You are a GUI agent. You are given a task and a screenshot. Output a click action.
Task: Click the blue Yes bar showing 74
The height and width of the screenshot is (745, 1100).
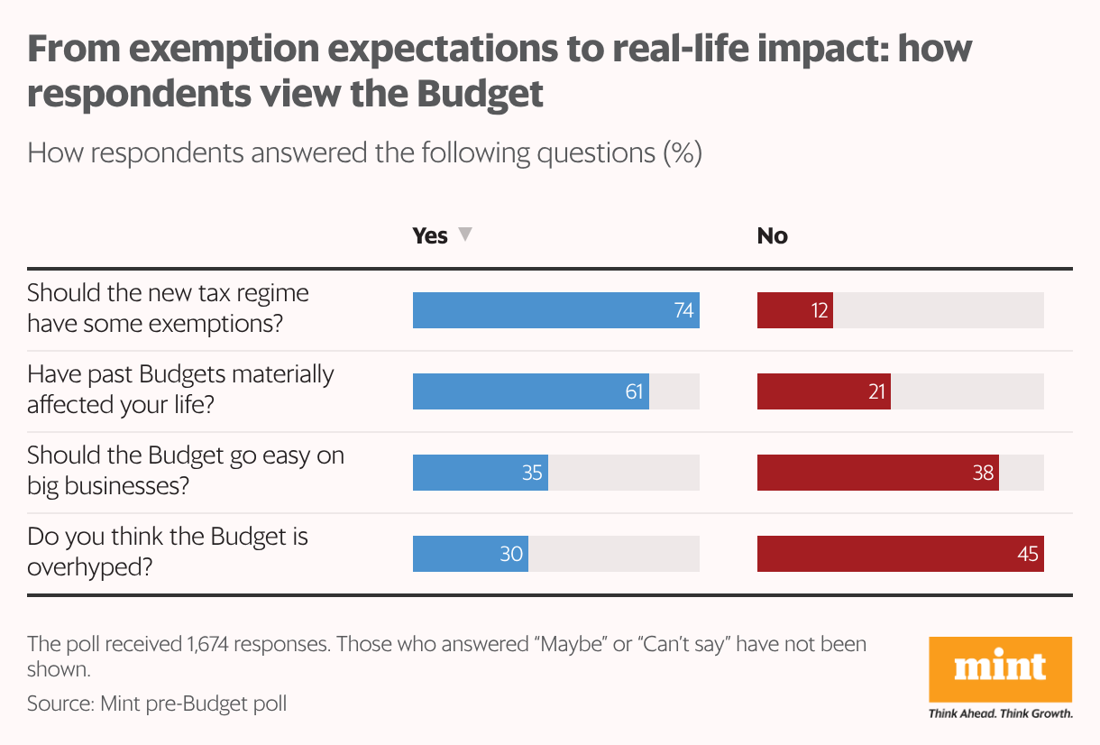tap(555, 310)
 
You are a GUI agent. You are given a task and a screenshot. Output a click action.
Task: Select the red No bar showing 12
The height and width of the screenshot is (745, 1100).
tap(794, 310)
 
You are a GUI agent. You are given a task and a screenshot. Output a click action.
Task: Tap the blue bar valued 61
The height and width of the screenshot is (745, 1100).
tap(530, 391)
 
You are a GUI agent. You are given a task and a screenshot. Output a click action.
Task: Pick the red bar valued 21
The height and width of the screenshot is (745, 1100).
tap(823, 391)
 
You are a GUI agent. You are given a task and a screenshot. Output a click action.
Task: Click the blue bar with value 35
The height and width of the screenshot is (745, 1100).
tap(480, 473)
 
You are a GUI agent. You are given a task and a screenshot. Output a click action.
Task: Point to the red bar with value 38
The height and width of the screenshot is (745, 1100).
tap(877, 473)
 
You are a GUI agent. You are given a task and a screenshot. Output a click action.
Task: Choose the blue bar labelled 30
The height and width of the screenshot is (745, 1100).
tap(470, 554)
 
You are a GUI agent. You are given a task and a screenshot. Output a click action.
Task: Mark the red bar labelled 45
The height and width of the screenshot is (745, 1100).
tap(900, 554)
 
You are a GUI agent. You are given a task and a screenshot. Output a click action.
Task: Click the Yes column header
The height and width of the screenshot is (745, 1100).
tap(430, 235)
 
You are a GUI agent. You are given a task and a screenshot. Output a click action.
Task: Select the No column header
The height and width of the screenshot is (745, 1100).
tap(772, 235)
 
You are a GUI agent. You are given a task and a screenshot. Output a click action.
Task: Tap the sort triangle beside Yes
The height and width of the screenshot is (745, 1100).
tap(464, 235)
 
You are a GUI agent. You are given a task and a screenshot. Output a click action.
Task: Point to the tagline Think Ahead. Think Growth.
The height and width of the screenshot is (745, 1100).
tap(1000, 713)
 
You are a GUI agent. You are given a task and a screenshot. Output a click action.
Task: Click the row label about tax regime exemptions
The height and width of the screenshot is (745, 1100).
tap(168, 308)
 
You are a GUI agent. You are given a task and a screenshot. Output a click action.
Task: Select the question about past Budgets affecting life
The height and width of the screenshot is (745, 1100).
tap(180, 390)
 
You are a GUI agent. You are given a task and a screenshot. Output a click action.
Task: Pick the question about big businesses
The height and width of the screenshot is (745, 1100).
tap(185, 471)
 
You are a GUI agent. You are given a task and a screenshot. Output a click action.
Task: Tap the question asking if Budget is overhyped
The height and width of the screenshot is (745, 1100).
tap(168, 552)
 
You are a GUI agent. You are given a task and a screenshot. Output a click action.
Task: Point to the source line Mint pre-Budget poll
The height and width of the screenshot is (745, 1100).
tap(157, 703)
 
